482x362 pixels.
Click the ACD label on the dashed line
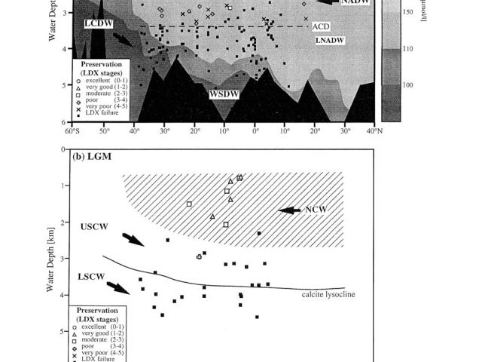pos(319,26)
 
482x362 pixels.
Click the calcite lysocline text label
pos(328,294)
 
